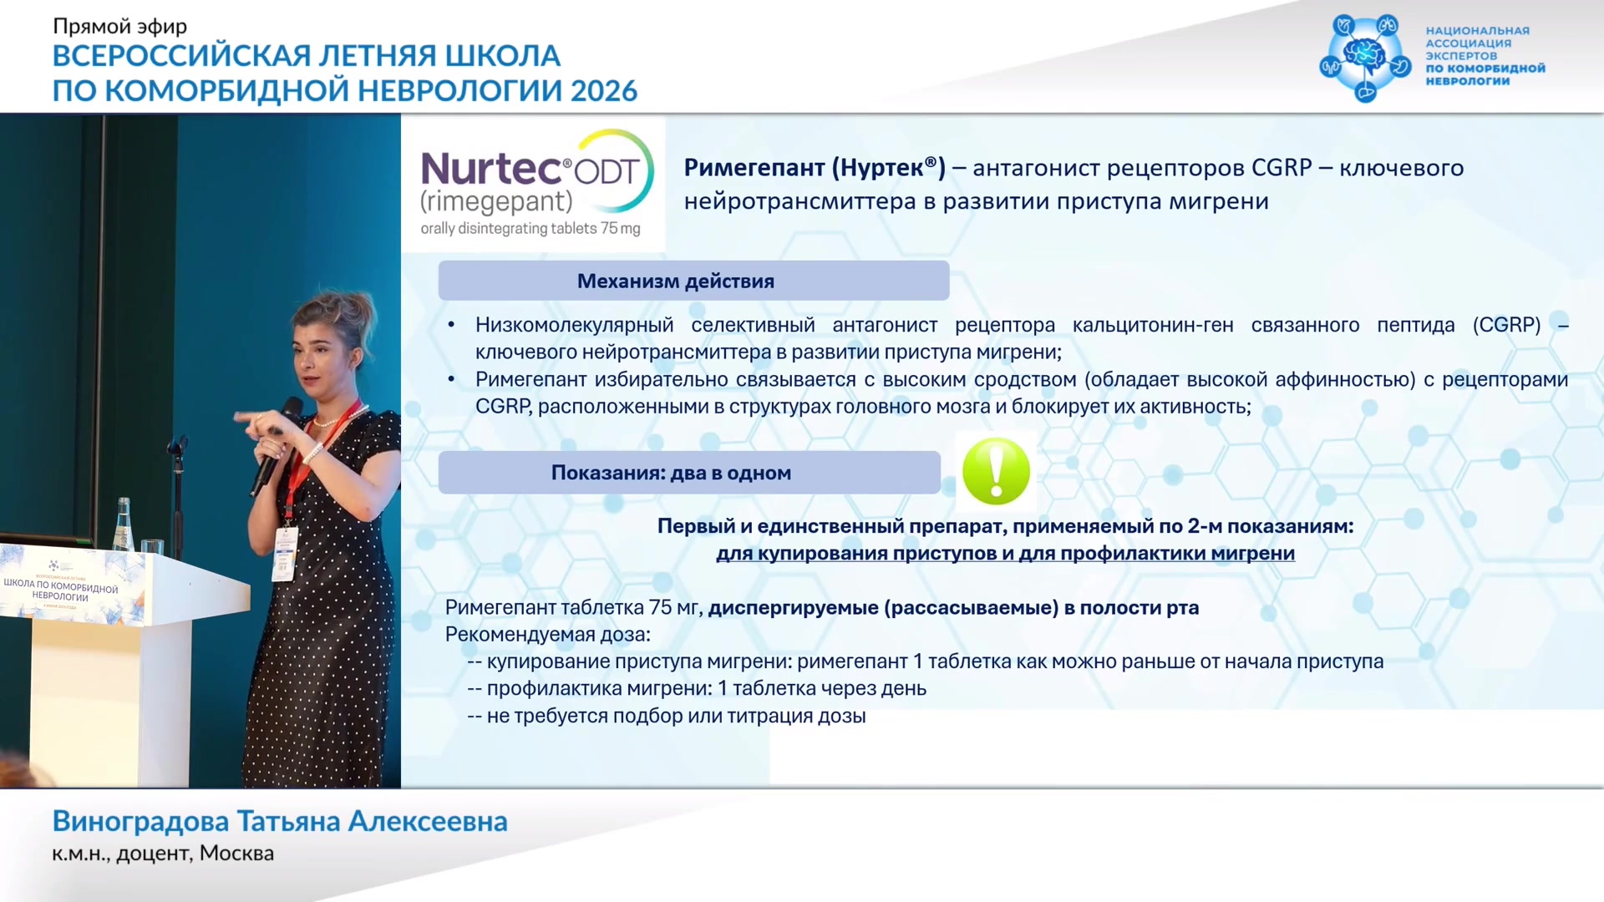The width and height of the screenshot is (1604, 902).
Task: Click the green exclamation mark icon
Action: point(996,472)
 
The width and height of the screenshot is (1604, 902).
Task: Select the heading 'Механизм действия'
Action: point(676,281)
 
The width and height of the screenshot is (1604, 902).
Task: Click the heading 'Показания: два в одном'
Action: point(671,473)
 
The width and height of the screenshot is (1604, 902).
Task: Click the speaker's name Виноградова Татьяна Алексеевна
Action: point(280,821)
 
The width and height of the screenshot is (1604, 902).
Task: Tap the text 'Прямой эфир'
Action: point(119,27)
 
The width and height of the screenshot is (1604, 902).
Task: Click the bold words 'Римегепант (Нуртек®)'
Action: point(815,168)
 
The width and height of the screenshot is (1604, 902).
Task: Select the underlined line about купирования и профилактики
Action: point(1005,553)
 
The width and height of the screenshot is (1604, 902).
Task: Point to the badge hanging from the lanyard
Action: point(285,554)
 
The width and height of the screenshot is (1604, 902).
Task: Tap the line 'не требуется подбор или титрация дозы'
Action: point(676,716)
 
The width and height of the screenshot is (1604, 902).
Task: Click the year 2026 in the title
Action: point(604,90)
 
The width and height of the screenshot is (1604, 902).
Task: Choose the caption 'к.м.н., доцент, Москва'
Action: point(163,854)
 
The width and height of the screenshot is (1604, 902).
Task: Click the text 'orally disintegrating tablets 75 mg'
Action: point(530,228)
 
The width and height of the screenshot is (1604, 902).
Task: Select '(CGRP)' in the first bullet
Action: point(1506,325)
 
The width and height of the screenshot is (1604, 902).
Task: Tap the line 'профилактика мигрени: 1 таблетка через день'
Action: point(707,688)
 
